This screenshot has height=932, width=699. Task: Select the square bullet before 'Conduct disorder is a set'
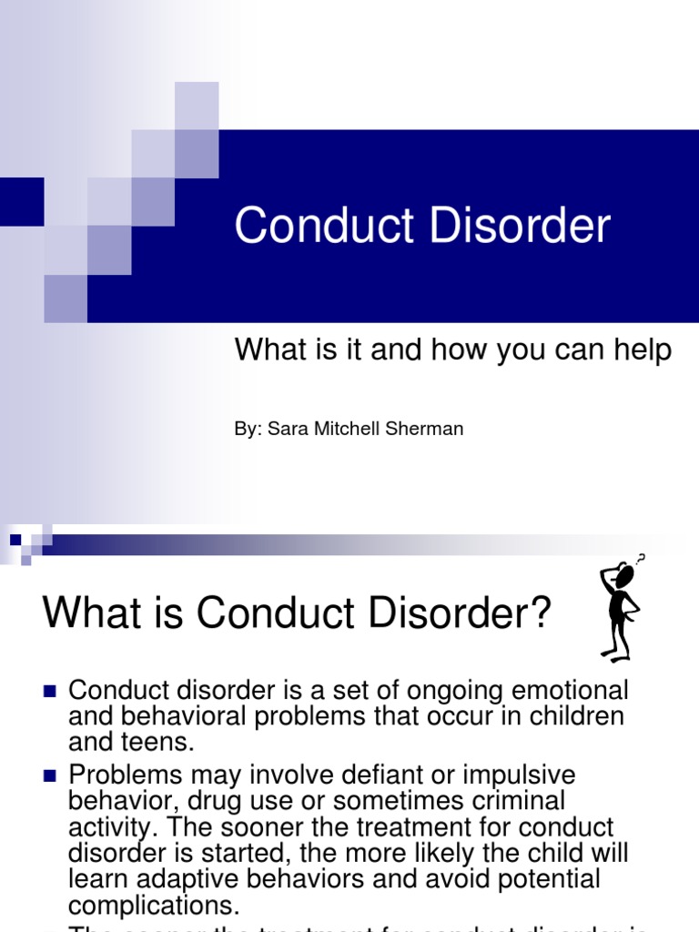(x=50, y=689)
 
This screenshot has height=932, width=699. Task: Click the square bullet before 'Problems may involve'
(x=50, y=775)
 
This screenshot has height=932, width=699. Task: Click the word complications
(x=153, y=906)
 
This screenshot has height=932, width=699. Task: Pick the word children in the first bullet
(x=568, y=716)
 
